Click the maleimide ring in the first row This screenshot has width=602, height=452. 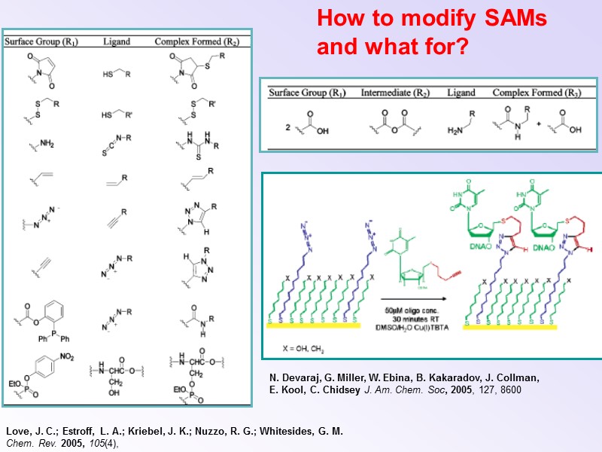coord(41,67)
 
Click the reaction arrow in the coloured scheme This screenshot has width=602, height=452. coord(416,299)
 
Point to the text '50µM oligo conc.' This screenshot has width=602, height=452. coord(415,310)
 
